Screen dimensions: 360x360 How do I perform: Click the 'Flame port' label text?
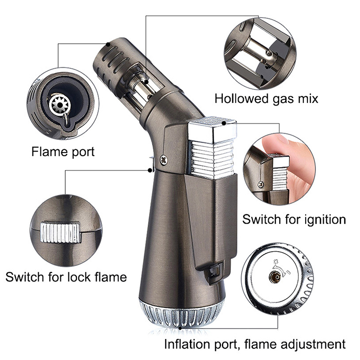pyautogui.click(x=63, y=152)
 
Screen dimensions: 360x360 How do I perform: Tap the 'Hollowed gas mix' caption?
pyautogui.click(x=266, y=99)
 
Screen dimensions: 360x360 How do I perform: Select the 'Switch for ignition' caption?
pyautogui.click(x=294, y=219)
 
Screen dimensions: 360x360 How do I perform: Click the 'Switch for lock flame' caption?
pyautogui.click(x=66, y=277)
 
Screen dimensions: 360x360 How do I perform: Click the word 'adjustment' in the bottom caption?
pyautogui.click(x=314, y=344)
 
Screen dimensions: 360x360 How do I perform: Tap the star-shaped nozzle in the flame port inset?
pyautogui.click(x=60, y=105)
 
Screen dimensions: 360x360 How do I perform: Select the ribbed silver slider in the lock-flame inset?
pyautogui.click(x=61, y=232)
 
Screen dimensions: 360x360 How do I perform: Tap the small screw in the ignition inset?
pyautogui.click(x=261, y=184)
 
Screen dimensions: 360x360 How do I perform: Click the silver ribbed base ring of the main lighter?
pyautogui.click(x=181, y=314)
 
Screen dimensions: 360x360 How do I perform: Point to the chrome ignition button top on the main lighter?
pyautogui.click(x=212, y=129)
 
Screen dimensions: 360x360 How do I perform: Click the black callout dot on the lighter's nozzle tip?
pyautogui.click(x=108, y=44)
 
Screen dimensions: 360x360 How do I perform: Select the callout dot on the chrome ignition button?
pyautogui.click(x=224, y=123)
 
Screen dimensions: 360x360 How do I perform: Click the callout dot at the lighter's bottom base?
pyautogui.click(x=181, y=328)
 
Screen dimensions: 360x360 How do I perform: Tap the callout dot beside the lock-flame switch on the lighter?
pyautogui.click(x=150, y=170)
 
